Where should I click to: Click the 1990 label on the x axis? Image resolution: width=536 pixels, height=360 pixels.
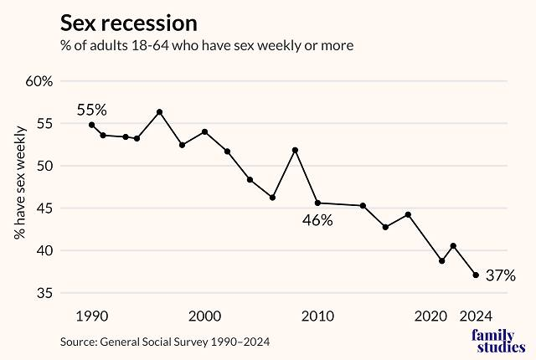click(x=91, y=316)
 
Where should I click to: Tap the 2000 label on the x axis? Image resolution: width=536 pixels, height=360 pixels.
click(x=205, y=316)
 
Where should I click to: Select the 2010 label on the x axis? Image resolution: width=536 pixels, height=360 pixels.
click(x=318, y=316)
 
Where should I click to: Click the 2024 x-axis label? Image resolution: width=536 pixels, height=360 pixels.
click(x=476, y=316)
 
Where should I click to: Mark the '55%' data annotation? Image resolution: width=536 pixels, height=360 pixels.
click(x=92, y=110)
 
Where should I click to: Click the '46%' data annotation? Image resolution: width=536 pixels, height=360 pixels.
click(x=318, y=221)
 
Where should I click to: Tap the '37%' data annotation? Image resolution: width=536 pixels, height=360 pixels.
click(x=500, y=275)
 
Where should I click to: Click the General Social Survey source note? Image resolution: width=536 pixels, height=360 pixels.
click(x=166, y=342)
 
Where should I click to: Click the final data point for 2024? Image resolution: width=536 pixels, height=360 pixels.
click(x=476, y=275)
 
